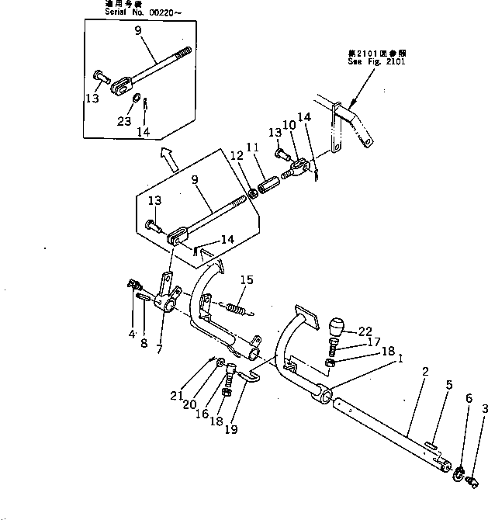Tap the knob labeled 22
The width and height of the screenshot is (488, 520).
[x=340, y=328]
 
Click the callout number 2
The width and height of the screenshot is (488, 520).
[x=424, y=372]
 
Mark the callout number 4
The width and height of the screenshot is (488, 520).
[x=132, y=335]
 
